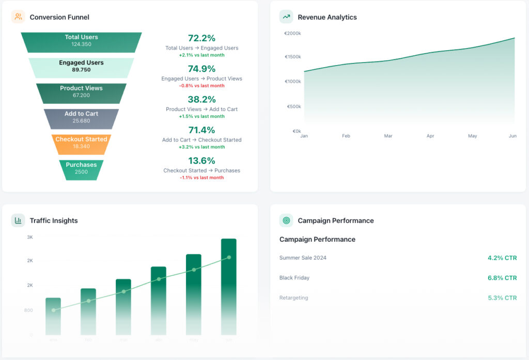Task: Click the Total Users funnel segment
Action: [81, 42]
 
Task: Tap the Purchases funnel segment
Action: [81, 169]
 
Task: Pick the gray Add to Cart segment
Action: [81, 118]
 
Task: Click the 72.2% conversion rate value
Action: [201, 38]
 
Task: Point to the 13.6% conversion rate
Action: [201, 161]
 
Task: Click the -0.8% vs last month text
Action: [201, 86]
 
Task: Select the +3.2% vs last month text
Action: [201, 147]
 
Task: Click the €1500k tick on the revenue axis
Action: [293, 57]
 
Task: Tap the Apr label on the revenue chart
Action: [430, 136]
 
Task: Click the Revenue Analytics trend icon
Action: [286, 17]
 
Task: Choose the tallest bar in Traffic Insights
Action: [229, 287]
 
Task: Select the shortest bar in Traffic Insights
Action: [53, 316]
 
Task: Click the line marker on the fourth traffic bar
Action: [159, 279]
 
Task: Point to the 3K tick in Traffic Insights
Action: [30, 237]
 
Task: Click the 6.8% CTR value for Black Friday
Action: [502, 278]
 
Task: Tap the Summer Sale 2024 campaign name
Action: [303, 258]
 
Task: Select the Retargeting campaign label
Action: [293, 298]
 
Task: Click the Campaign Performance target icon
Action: [286, 221]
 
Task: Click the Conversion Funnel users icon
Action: [18, 17]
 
